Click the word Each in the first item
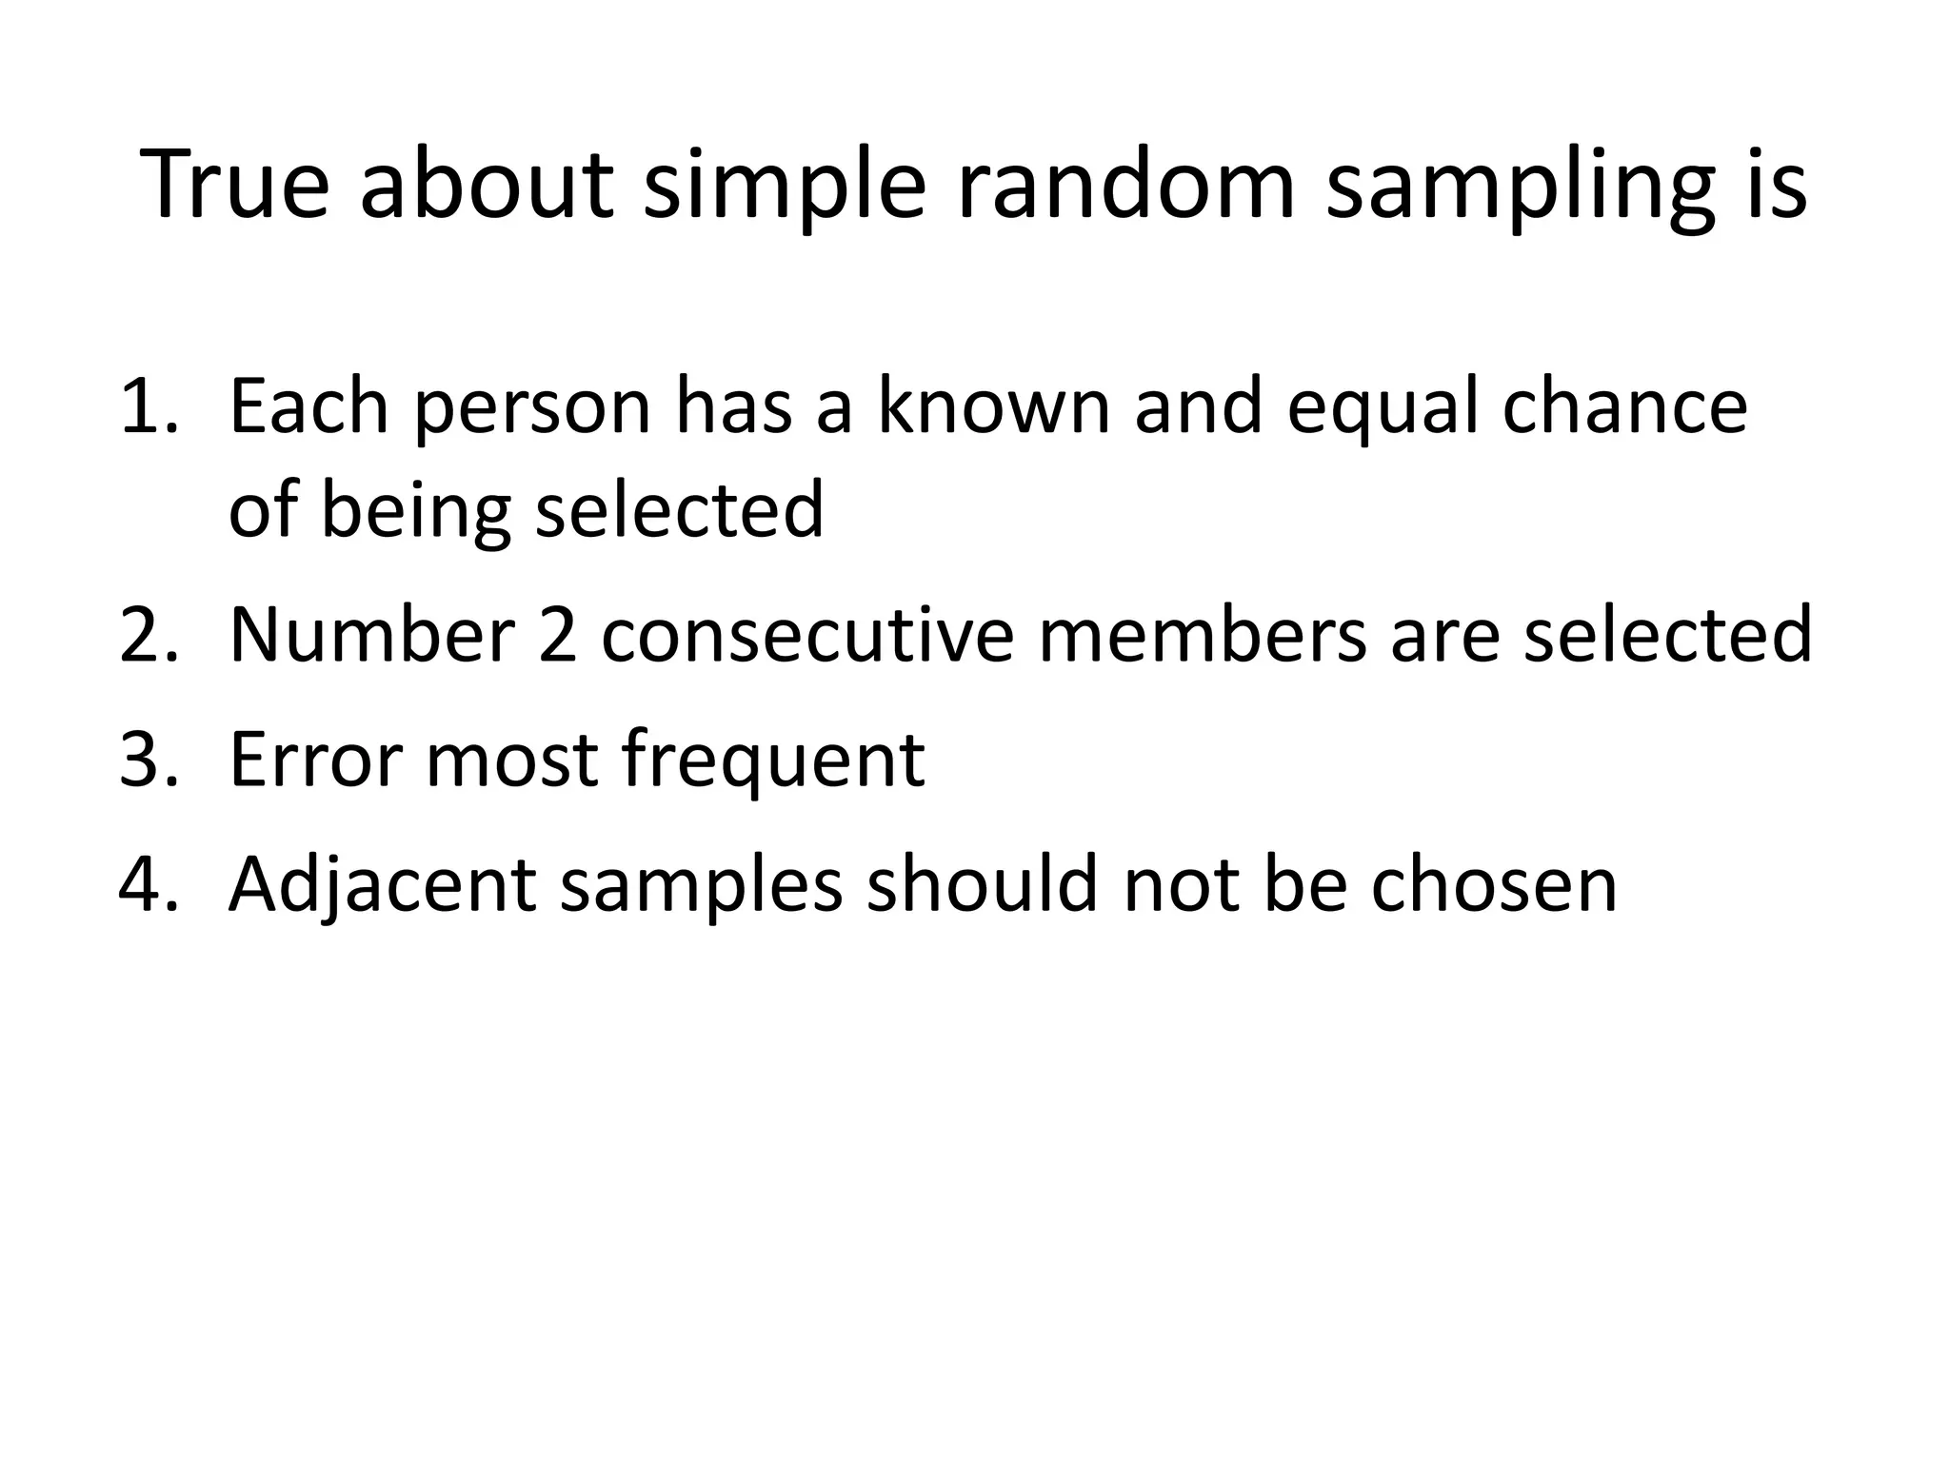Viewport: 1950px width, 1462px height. [x=308, y=406]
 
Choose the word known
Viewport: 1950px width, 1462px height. [x=992, y=406]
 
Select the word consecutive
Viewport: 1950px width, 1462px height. [x=808, y=635]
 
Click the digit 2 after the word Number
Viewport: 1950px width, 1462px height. [x=557, y=635]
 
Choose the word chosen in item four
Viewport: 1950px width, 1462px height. [x=1494, y=884]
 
